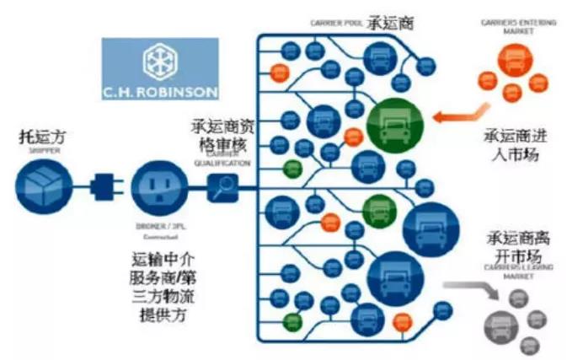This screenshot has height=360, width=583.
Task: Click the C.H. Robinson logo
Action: (159, 68)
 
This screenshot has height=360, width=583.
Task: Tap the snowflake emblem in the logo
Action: (159, 58)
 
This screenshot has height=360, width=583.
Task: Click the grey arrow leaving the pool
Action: (471, 291)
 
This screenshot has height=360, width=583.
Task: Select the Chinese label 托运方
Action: (42, 136)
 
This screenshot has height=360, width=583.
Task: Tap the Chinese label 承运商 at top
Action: (386, 24)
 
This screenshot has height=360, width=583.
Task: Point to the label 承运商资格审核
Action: (222, 137)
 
